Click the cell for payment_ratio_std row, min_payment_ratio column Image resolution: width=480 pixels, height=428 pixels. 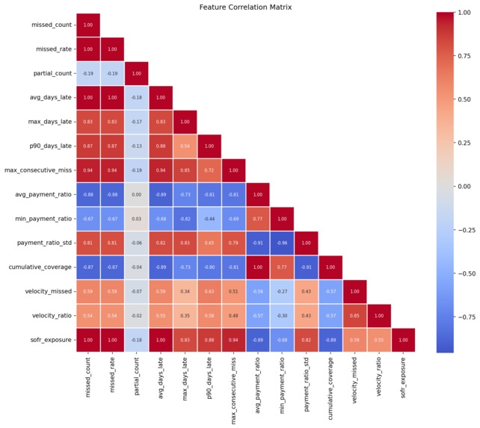285,243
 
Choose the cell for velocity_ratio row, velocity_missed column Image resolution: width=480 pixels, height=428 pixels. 357,315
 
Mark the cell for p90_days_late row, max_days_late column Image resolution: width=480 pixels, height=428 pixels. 186,146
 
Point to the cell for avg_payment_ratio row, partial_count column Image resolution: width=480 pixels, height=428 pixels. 138,194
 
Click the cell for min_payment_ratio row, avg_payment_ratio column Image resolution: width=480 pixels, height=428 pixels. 259,219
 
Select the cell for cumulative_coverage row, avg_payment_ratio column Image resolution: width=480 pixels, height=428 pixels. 259,267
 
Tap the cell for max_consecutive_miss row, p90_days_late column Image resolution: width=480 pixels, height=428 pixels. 210,170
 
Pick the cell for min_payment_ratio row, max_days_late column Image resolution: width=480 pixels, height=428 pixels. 186,219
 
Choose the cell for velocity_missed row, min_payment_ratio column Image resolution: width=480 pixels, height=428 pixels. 285,291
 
